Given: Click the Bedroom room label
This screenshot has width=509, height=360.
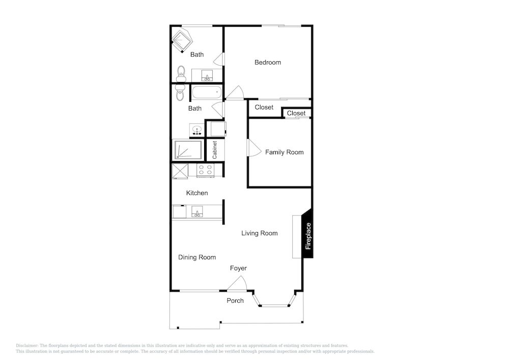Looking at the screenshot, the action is pyautogui.click(x=268, y=62).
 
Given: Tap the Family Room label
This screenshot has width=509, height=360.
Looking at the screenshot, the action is pyautogui.click(x=285, y=152).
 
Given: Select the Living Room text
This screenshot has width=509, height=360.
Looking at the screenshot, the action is pyautogui.click(x=260, y=233).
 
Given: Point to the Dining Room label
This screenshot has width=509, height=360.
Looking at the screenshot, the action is pyautogui.click(x=197, y=258).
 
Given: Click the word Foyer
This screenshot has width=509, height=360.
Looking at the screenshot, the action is pyautogui.click(x=238, y=268).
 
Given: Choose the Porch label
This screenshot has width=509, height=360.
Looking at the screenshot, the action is pyautogui.click(x=235, y=300).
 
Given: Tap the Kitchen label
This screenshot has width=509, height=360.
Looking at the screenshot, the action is pyautogui.click(x=197, y=193).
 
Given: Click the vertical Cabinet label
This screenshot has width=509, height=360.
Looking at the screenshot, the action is pyautogui.click(x=215, y=150).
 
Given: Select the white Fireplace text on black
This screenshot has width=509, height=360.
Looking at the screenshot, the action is pyautogui.click(x=308, y=236).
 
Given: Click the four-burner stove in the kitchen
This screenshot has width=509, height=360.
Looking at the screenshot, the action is pyautogui.click(x=206, y=170).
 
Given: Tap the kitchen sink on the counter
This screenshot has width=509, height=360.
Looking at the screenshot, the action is pyautogui.click(x=197, y=212).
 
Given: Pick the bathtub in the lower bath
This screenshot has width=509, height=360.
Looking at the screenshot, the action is pyautogui.click(x=207, y=93).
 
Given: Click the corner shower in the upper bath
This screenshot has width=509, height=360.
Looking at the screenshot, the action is pyautogui.click(x=182, y=41).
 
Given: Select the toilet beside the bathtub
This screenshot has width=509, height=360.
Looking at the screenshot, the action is pyautogui.click(x=180, y=93).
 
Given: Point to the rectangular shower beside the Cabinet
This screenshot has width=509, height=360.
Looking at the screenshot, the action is pyautogui.click(x=188, y=150).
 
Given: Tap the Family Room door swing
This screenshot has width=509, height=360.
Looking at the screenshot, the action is pyautogui.click(x=254, y=148).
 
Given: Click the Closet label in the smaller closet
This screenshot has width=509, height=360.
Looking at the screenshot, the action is pyautogui.click(x=296, y=113).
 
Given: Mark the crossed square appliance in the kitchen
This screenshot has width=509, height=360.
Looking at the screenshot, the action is pyautogui.click(x=180, y=171).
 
